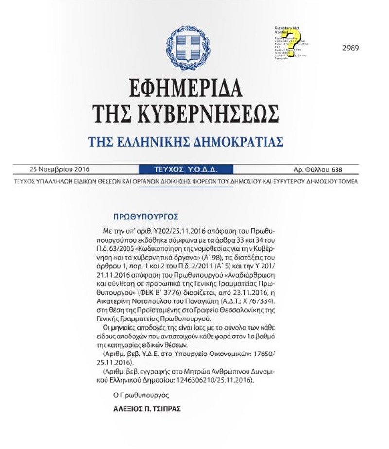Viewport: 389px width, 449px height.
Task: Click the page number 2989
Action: click(x=351, y=48)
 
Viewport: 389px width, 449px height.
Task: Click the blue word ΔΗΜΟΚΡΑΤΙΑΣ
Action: click(x=236, y=142)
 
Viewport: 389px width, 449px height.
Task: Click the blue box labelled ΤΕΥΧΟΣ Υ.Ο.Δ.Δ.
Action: click(x=186, y=170)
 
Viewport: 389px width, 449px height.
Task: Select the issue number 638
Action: click(x=336, y=170)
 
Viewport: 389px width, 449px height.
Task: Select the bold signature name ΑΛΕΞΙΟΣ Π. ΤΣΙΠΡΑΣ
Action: click(x=147, y=409)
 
